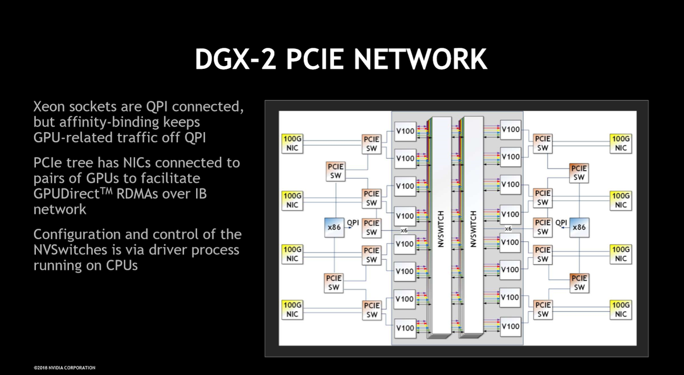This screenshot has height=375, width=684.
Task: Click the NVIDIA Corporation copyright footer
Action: (64, 368)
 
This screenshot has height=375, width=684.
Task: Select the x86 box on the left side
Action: (334, 227)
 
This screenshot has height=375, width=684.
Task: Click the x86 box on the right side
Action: (579, 227)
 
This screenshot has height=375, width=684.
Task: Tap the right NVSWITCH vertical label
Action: (473, 228)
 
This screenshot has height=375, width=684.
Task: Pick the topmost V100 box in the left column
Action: (405, 131)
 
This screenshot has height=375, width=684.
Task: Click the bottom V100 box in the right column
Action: (510, 326)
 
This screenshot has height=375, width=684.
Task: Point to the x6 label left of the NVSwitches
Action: (404, 230)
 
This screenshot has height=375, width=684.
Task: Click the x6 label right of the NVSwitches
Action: (508, 229)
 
